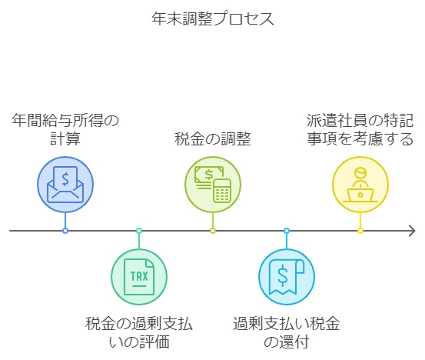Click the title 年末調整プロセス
click(212, 19)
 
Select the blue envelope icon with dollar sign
click(65, 185)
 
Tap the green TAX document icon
click(139, 277)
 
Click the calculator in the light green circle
click(222, 191)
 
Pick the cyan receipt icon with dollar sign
click(287, 277)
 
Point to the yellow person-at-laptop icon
click(360, 185)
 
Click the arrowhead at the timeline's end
click(412, 231)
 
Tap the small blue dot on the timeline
click(65, 231)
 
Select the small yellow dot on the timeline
click(360, 231)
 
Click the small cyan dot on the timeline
click(287, 231)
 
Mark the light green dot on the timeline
click(213, 231)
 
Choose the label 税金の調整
click(213, 139)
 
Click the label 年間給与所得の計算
click(65, 130)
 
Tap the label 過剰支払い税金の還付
click(287, 332)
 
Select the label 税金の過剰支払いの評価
click(139, 332)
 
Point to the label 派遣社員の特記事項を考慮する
click(360, 130)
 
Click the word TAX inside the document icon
click(139, 276)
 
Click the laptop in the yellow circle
click(360, 195)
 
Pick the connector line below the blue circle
click(65, 220)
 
